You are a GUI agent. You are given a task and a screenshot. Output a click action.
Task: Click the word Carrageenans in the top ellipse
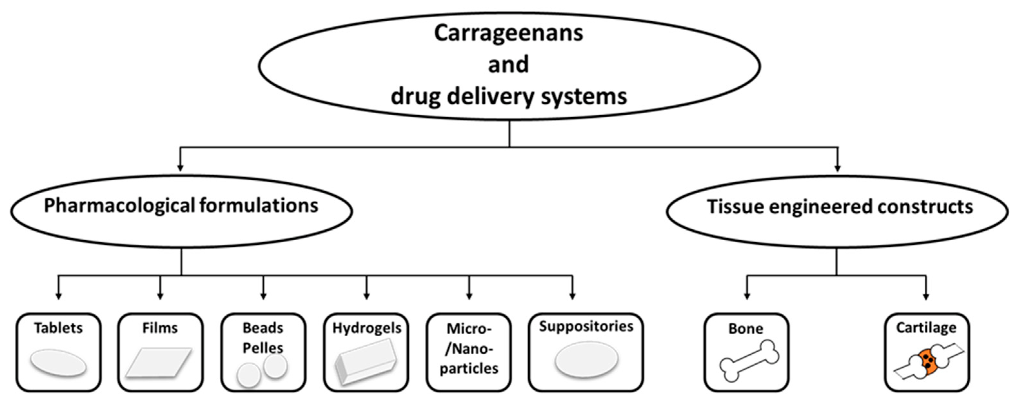click(509, 33)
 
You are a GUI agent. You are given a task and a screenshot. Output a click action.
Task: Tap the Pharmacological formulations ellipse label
click(181, 206)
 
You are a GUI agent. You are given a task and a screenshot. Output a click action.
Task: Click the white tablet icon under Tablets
click(58, 362)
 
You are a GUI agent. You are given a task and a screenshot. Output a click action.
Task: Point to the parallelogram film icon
click(159, 362)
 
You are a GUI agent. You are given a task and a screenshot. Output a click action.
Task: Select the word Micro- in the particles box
click(469, 329)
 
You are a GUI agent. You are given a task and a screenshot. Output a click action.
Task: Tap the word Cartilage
click(926, 328)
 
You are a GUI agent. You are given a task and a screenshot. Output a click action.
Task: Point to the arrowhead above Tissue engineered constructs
click(837, 168)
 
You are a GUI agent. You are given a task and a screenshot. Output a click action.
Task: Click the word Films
click(160, 328)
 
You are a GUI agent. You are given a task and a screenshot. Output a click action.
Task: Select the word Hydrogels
click(367, 328)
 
